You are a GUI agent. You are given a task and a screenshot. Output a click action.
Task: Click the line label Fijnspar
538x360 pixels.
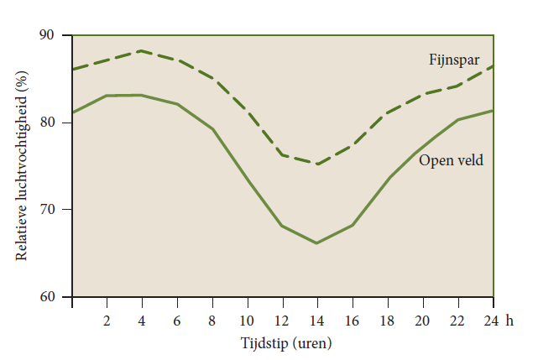[x=454, y=60]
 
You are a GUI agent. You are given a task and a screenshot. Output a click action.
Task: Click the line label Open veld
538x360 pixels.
[x=451, y=159]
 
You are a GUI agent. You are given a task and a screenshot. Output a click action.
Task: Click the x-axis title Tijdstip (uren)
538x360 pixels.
[x=283, y=343]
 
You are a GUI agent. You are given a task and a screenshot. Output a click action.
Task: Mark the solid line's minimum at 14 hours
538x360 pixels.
[x=317, y=243]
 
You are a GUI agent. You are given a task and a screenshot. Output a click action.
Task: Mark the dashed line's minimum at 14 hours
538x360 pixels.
[x=317, y=164]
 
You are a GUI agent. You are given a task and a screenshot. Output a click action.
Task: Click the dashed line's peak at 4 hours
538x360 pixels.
[x=142, y=50]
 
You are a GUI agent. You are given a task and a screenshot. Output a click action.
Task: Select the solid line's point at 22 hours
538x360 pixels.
[x=458, y=119]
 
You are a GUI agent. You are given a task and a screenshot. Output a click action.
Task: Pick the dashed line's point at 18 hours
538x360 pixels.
[x=388, y=112]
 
